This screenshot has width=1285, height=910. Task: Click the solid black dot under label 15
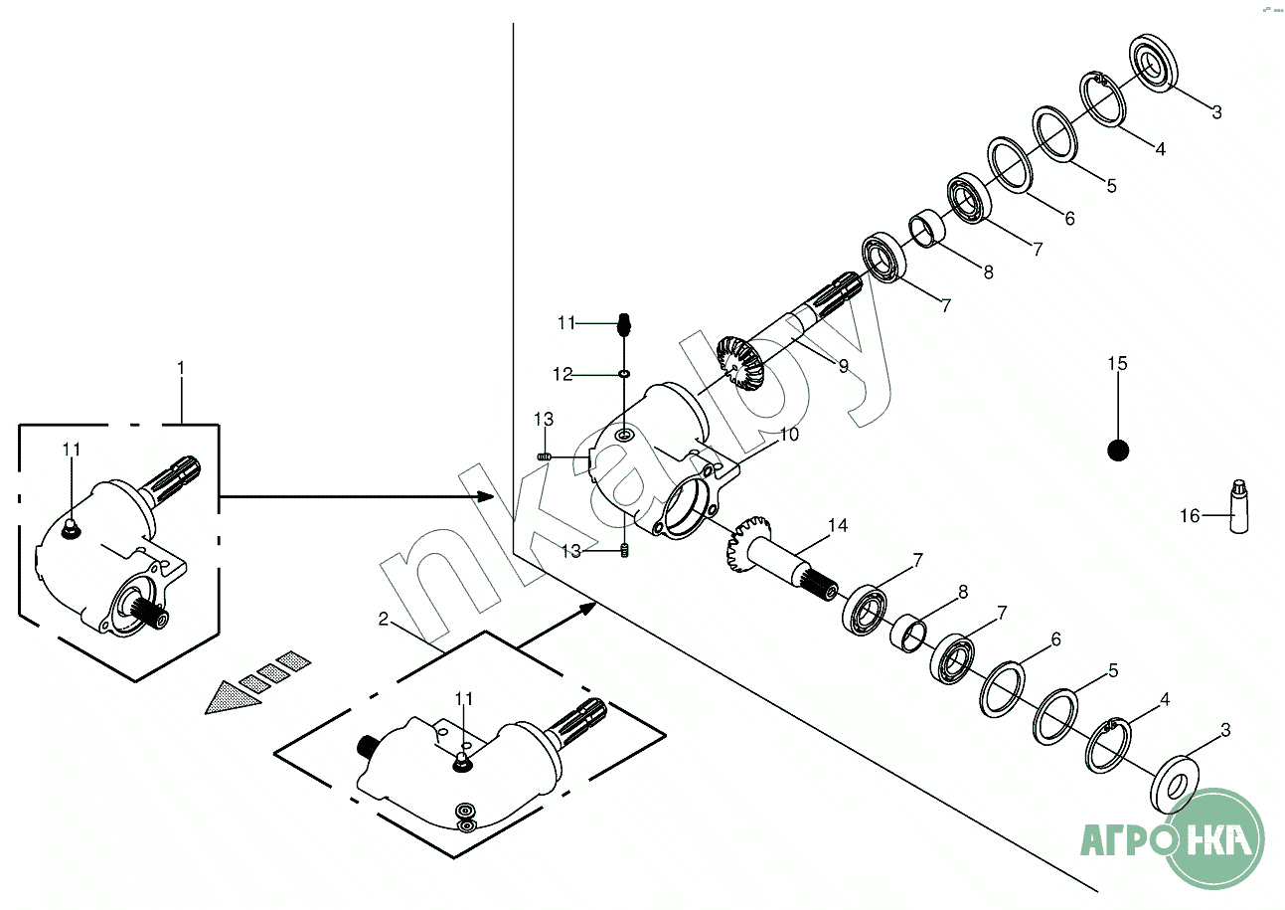point(1118,451)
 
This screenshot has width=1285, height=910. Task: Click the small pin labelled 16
point(1238,506)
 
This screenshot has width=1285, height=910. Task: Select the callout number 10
point(789,435)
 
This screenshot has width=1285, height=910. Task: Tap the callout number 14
point(839,525)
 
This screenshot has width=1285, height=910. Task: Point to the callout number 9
point(843,366)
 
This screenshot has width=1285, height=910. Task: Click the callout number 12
point(563,375)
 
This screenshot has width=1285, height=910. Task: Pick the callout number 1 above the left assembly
point(181,368)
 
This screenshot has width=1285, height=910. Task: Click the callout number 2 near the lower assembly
point(384,619)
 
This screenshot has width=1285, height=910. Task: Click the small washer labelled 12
point(623,374)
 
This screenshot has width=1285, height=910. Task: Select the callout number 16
point(1190,515)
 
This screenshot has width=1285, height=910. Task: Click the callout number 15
point(1118,364)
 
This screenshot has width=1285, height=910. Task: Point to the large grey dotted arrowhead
point(233,697)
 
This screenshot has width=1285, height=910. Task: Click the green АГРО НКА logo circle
point(1213,837)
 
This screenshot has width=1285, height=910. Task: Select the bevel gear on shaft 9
point(738,365)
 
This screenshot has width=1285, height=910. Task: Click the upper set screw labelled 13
point(545,455)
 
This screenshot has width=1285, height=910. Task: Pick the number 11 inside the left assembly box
point(71,450)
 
